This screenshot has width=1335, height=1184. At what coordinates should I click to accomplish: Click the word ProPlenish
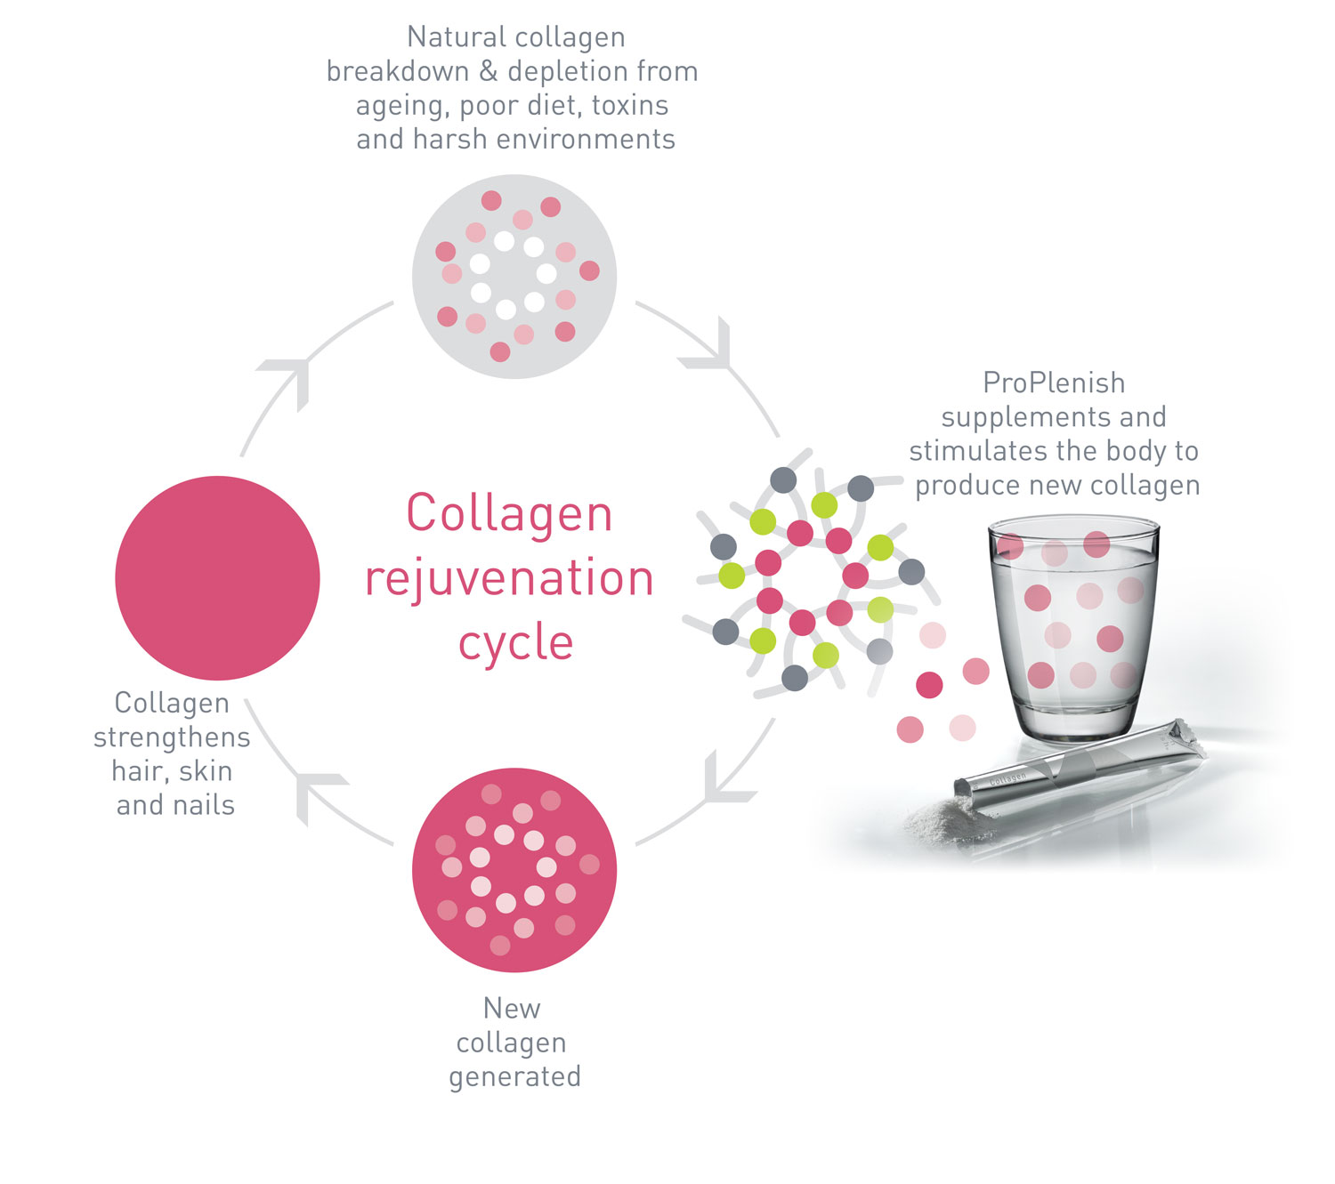1054,383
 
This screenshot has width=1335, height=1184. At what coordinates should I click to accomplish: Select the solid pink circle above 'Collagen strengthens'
217,577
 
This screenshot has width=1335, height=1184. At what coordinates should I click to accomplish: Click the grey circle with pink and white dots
514,276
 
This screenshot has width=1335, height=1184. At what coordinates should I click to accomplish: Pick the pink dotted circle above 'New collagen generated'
514,869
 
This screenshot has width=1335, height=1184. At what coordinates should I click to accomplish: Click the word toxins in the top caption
630,105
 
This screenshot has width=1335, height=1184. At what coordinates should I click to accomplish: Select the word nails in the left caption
205,805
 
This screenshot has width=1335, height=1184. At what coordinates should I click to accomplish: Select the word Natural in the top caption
450,36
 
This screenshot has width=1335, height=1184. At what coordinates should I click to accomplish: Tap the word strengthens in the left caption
172,737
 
